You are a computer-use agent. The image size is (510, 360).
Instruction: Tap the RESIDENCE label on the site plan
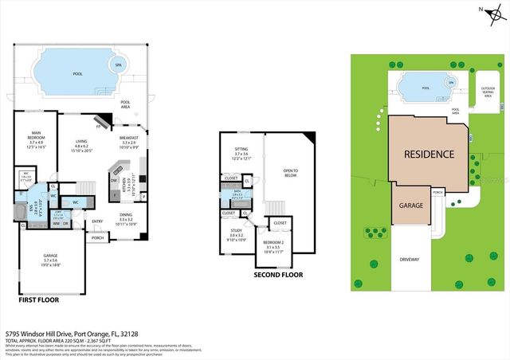tap(429, 154)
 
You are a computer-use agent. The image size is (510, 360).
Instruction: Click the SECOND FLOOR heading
tap(278, 275)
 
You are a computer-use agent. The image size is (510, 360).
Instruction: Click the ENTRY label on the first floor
tap(98, 222)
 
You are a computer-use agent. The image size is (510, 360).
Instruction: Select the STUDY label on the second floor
tap(235, 233)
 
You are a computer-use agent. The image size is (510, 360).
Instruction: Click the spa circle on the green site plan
tap(451, 82)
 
